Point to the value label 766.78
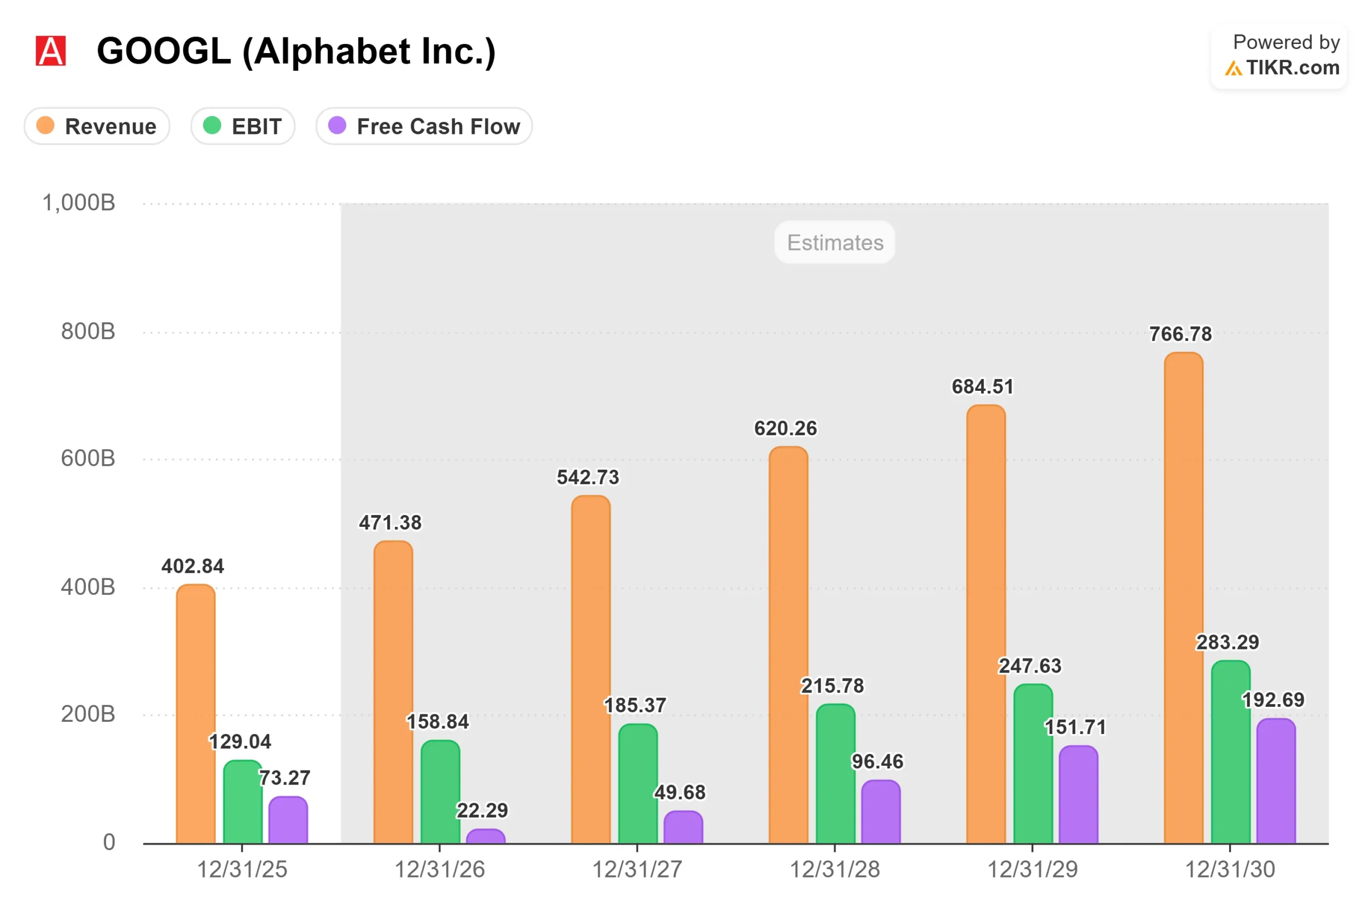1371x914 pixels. (x=1180, y=334)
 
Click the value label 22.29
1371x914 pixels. (x=482, y=810)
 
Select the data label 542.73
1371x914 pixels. (x=587, y=478)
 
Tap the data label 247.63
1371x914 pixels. (x=1030, y=666)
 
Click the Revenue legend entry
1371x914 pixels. (x=97, y=126)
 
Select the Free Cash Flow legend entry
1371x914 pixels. (x=424, y=126)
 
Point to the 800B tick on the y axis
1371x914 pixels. (x=88, y=331)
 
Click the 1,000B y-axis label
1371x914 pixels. (x=79, y=203)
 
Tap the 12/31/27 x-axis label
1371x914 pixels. (x=637, y=869)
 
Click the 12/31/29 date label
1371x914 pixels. (x=1033, y=869)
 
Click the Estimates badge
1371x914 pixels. (x=835, y=243)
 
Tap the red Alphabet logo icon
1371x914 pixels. (x=51, y=51)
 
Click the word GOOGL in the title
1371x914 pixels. (x=164, y=51)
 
